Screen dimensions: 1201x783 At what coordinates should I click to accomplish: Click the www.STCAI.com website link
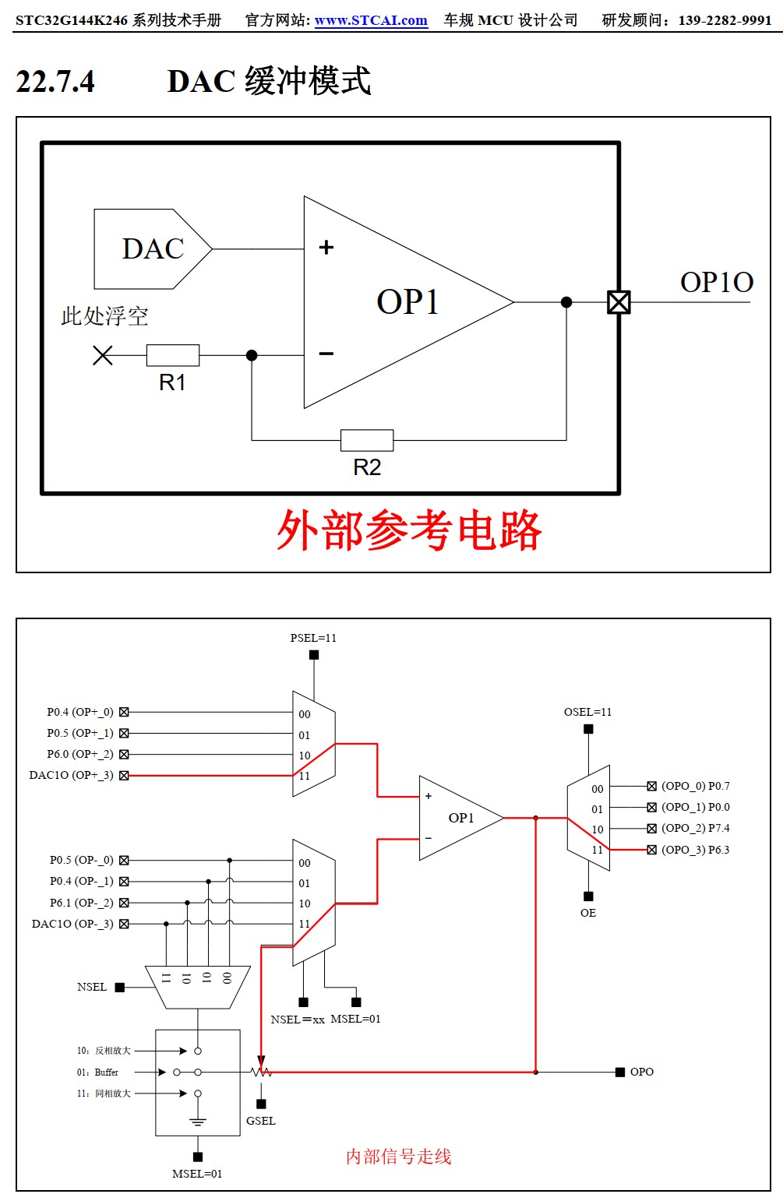[371, 20]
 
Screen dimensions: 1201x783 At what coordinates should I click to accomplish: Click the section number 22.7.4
[55, 82]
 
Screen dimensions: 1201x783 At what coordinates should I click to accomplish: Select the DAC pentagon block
[153, 249]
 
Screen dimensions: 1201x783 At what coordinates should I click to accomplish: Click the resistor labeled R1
[173, 355]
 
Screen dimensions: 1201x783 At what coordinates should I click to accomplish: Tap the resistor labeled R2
[367, 440]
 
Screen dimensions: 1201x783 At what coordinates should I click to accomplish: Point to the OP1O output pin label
[716, 282]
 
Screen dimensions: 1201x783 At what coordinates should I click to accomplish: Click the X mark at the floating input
[103, 355]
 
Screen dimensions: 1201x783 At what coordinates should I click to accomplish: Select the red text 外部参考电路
[408, 531]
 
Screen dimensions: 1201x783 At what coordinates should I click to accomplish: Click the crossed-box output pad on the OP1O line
[619, 302]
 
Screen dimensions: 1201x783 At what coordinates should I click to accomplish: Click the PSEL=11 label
[313, 638]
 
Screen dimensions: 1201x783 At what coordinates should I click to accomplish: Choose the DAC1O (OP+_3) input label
[71, 775]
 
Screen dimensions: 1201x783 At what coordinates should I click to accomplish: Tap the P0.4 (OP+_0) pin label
[79, 712]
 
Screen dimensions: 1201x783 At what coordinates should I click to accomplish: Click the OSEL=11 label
[587, 712]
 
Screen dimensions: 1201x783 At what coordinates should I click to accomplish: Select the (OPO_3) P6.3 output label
[695, 850]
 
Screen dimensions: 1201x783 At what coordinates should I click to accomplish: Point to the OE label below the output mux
[587, 913]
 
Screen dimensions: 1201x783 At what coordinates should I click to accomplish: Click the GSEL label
[260, 1121]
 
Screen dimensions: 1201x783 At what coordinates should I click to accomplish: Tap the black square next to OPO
[620, 1072]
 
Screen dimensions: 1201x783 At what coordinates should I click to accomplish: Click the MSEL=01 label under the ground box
[197, 1174]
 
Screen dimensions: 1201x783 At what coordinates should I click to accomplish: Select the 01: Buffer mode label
[97, 1072]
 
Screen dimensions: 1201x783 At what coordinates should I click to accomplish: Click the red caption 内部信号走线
[398, 1157]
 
